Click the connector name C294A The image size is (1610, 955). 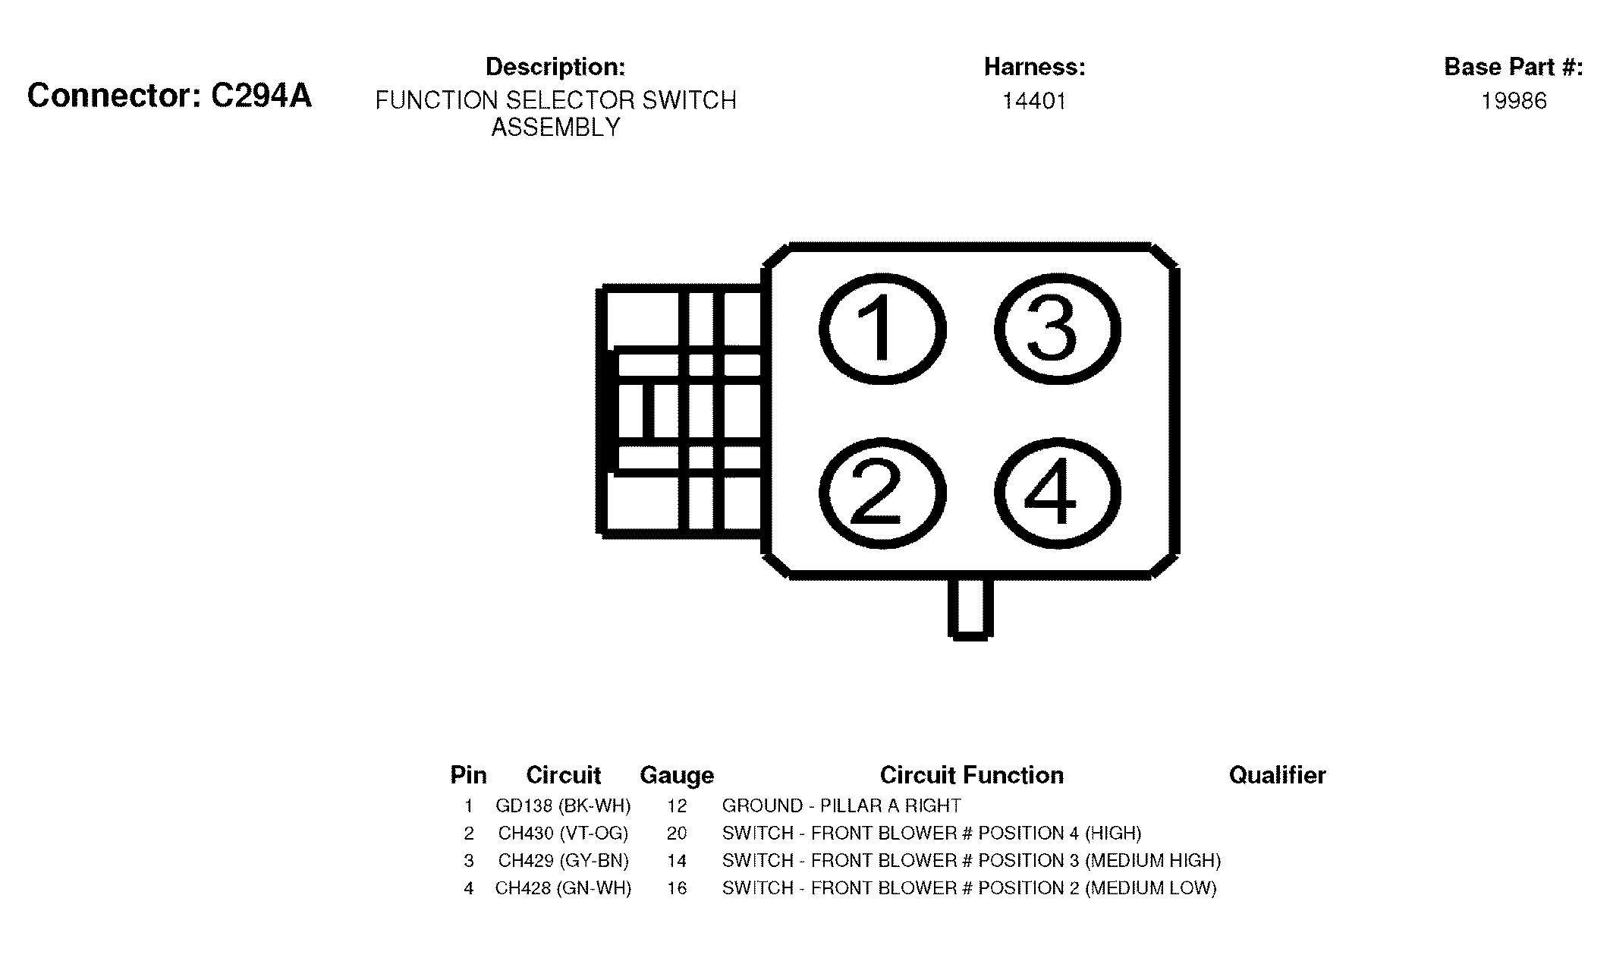point(260,96)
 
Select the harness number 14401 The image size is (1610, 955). point(1034,101)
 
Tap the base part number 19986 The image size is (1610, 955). point(1514,101)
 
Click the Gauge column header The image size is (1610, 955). point(677,775)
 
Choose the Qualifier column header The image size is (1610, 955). point(1278,775)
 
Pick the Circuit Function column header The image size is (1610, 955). point(972,775)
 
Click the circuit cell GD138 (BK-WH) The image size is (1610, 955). point(563,805)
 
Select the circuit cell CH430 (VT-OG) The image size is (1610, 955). point(563,833)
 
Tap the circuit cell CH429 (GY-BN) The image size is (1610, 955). point(563,860)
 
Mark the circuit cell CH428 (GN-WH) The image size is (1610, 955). point(563,887)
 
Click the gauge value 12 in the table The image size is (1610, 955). point(677,805)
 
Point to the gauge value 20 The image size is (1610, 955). point(677,833)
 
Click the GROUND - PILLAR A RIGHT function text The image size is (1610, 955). point(841,805)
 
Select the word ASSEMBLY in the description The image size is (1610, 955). point(556,128)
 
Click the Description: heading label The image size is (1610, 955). point(555,67)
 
